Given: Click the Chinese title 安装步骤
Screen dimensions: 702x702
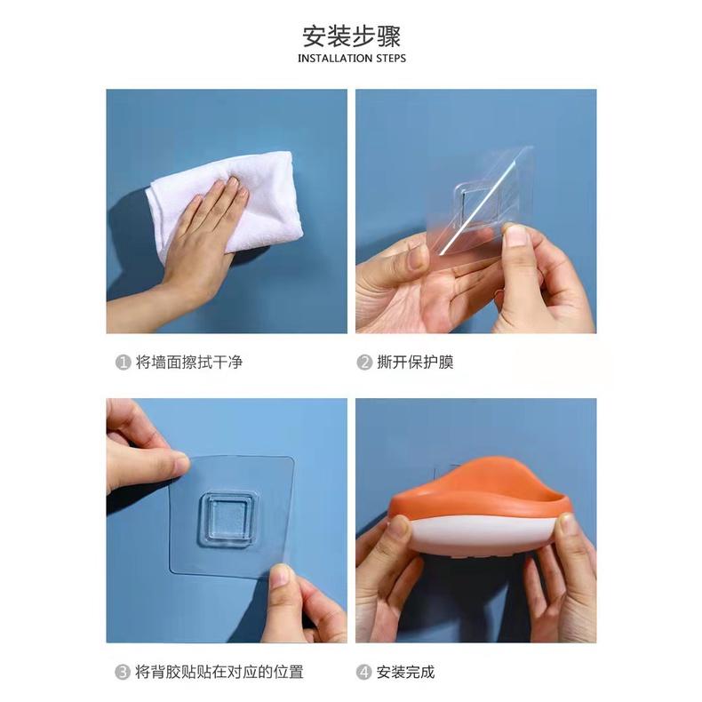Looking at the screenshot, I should (x=351, y=36).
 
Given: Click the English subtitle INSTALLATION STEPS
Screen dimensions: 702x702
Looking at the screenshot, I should (x=351, y=59).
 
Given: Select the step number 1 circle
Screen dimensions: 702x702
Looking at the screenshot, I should (x=123, y=363).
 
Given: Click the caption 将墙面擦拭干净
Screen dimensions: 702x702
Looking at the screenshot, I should (x=188, y=363).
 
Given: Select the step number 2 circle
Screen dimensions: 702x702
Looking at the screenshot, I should (x=364, y=363).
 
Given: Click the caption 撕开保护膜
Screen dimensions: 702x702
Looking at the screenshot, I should (x=415, y=363).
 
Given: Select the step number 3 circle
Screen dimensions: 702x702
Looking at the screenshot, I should (x=123, y=672).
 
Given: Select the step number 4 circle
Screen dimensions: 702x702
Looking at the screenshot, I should (x=364, y=672).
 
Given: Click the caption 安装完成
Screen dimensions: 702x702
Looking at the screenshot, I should (x=406, y=672).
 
